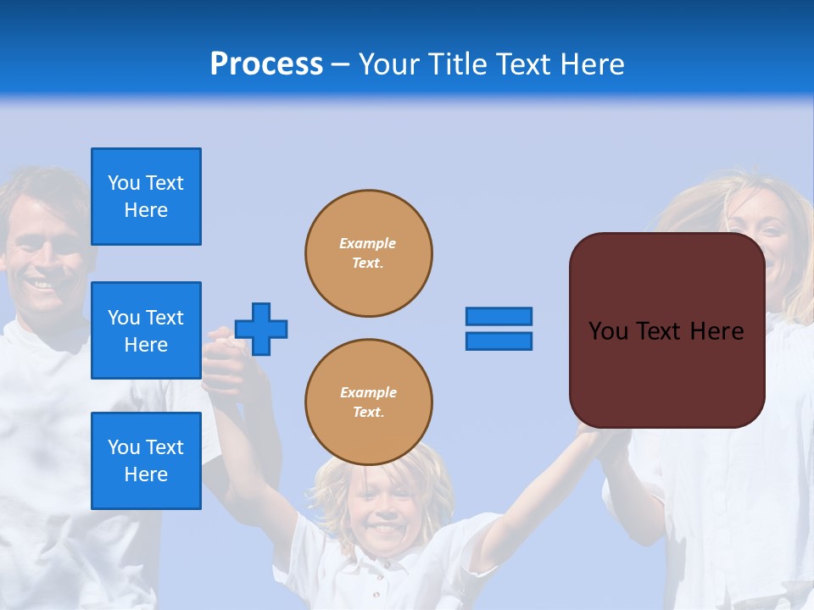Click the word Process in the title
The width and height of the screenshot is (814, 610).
pyautogui.click(x=266, y=64)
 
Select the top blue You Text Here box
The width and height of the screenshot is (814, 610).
pyautogui.click(x=146, y=197)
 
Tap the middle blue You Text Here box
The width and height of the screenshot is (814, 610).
pyautogui.click(x=146, y=330)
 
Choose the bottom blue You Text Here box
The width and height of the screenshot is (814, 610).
pyautogui.click(x=146, y=461)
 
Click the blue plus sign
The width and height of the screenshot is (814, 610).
pyautogui.click(x=261, y=329)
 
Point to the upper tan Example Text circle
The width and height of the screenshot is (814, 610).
pyautogui.click(x=369, y=253)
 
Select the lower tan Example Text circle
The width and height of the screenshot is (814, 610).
pyautogui.click(x=369, y=402)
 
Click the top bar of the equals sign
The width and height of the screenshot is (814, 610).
pyautogui.click(x=499, y=317)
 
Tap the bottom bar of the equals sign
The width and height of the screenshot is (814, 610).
pyautogui.click(x=499, y=341)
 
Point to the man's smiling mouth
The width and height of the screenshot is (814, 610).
pyautogui.click(x=41, y=285)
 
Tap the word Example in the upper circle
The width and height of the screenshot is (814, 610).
pyautogui.click(x=367, y=243)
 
